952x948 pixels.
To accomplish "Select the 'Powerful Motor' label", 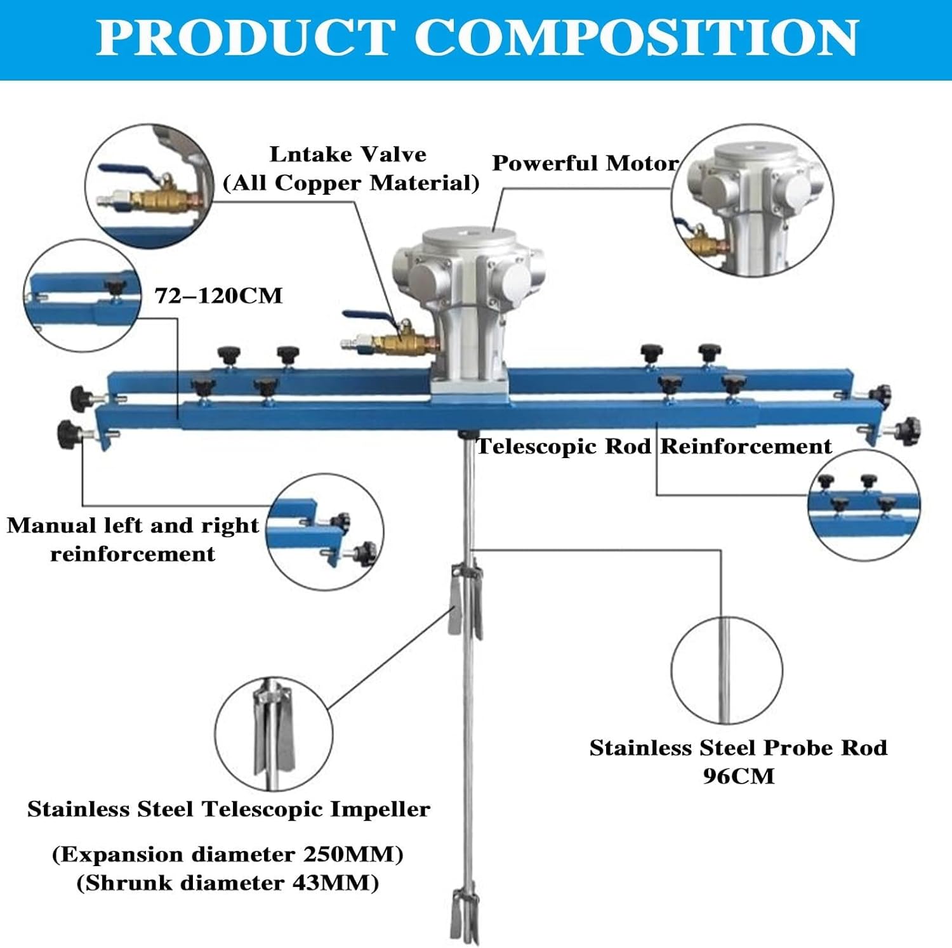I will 585,163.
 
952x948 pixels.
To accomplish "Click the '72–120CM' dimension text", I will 218,296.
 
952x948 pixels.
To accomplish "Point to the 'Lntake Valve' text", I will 348,154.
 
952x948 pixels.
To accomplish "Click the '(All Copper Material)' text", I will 351,183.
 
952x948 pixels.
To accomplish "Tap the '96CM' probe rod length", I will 738,776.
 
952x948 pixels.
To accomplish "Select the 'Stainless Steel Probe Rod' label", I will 738,747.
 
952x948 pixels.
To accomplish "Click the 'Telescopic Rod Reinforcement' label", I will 654,446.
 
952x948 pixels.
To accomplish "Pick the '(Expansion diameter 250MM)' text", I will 227,854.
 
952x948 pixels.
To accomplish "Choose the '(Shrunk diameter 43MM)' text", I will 227,883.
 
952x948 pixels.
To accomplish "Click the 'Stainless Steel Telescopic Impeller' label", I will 228,809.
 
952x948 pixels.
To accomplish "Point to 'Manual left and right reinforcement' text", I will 133,539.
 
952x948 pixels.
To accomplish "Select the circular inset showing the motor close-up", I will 752,200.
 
